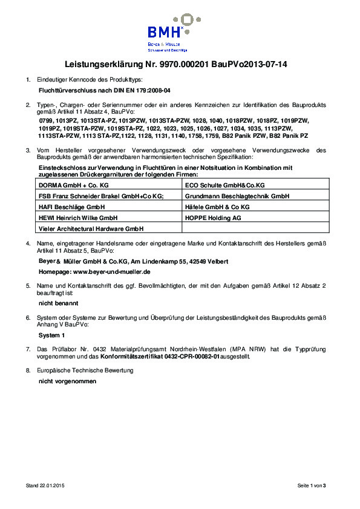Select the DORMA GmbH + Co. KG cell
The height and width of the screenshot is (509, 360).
[x=74, y=184]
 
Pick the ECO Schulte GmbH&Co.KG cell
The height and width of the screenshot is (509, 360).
[x=224, y=184]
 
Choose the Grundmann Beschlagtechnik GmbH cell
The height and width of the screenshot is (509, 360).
[x=237, y=196]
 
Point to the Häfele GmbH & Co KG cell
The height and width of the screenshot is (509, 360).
[x=217, y=207]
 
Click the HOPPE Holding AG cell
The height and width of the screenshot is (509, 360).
[x=214, y=217]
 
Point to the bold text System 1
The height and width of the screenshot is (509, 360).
[x=51, y=335]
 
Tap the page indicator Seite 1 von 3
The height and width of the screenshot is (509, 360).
[x=311, y=485]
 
